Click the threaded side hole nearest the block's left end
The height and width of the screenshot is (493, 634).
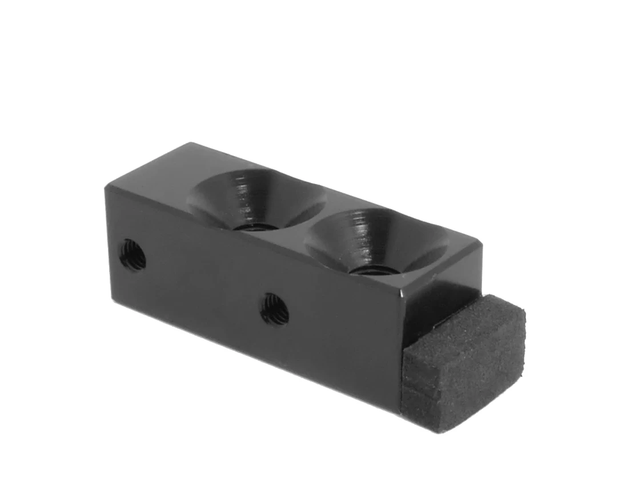[133, 255]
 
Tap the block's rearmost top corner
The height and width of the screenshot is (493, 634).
[192, 143]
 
